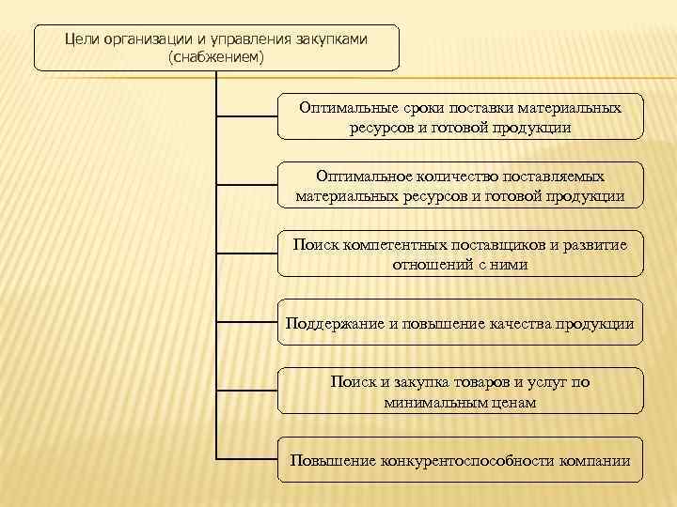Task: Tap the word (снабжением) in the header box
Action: (216, 58)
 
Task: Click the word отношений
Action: (431, 265)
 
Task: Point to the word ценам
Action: (517, 403)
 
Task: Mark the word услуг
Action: (546, 382)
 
